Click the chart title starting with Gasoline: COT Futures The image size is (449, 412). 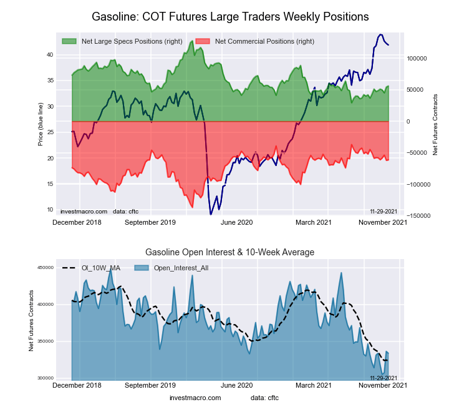click(x=230, y=16)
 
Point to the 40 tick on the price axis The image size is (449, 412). click(x=49, y=55)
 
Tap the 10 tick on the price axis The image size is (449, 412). click(x=49, y=210)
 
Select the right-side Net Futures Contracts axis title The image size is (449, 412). click(x=435, y=124)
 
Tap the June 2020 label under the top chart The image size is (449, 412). click(x=237, y=222)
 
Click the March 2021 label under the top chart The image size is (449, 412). click(x=313, y=222)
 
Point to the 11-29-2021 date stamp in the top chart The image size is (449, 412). click(x=384, y=211)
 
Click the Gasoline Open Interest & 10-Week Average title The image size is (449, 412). click(x=230, y=252)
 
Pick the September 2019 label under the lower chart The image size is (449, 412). click(x=150, y=385)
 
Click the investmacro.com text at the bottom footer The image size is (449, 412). click(x=195, y=398)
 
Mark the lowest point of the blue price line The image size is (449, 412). click(x=211, y=214)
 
